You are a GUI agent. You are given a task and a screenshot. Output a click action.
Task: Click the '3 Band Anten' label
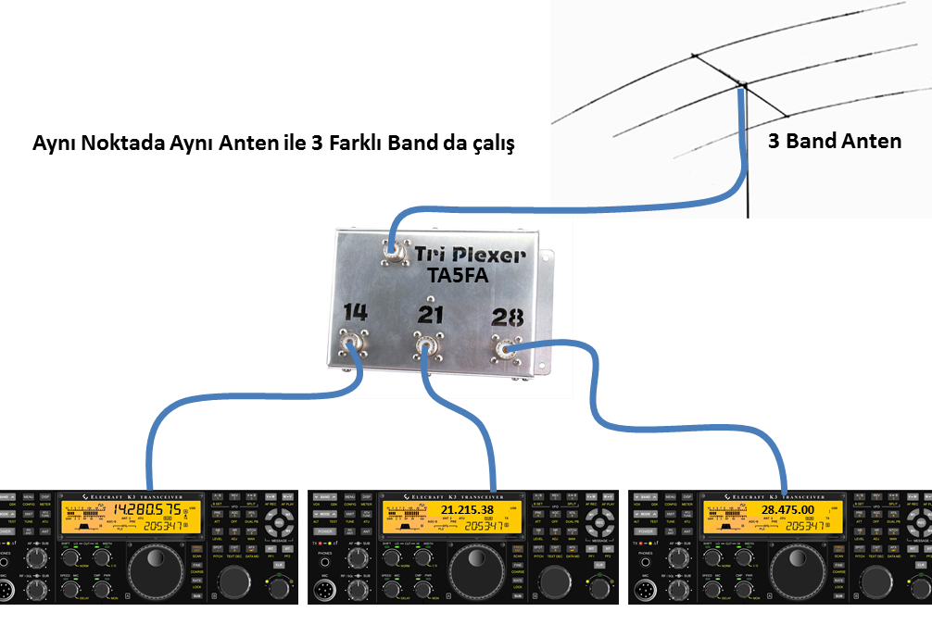coord(835,143)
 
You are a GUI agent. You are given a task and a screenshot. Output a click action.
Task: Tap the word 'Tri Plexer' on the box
coord(471,255)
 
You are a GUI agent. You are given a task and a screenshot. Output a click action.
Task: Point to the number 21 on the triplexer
coord(431,316)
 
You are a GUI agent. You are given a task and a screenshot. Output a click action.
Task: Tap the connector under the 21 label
coord(425,349)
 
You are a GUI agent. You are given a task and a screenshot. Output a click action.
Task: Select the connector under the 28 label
coord(505,349)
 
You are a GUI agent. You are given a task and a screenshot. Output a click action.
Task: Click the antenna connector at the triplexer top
coord(392,248)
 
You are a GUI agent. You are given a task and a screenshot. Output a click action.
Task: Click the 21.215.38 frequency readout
coord(468,511)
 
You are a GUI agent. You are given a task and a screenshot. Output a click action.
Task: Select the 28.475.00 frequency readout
coord(787,510)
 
